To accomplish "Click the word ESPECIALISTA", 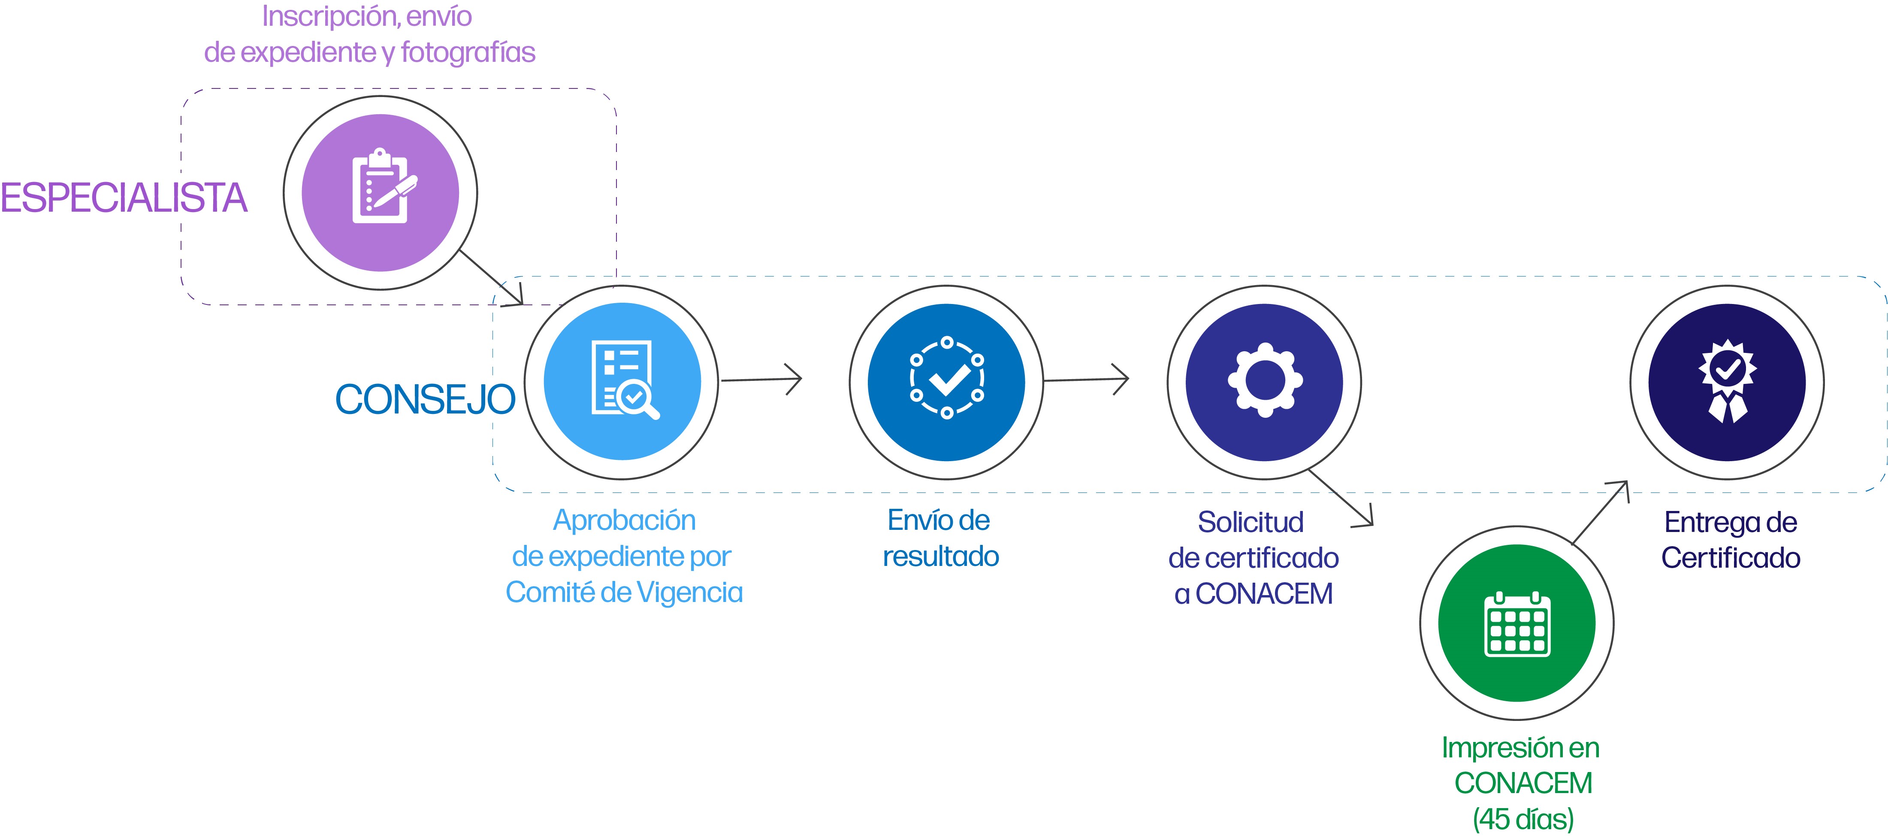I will click(x=123, y=198).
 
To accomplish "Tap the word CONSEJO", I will click(x=425, y=400).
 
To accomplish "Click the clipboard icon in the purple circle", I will click(x=381, y=187).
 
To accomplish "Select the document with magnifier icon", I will click(x=623, y=380).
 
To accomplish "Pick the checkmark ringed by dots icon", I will click(x=946, y=378).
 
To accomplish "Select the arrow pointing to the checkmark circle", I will click(x=762, y=379).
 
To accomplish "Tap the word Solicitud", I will click(x=1251, y=522).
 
